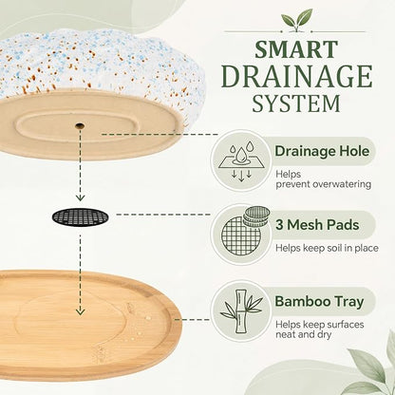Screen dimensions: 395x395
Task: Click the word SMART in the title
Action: point(296,49)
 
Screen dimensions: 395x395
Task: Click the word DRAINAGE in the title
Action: point(296,77)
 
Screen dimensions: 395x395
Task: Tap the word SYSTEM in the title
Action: point(296,103)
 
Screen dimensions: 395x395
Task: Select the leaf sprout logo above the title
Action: point(296,20)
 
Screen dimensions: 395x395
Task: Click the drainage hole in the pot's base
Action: point(80,125)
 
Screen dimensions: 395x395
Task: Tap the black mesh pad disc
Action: point(80,217)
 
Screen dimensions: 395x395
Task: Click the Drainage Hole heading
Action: point(322,151)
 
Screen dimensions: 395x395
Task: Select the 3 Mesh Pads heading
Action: point(317,225)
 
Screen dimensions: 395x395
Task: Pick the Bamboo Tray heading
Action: point(319,301)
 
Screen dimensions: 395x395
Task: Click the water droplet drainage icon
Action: point(241,161)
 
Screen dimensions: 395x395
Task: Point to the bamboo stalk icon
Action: point(242,311)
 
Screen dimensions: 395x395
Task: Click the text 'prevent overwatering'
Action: point(323,184)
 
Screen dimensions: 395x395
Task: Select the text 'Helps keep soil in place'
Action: point(327,248)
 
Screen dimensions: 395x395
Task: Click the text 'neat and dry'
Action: point(303,334)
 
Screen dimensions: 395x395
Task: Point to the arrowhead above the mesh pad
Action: point(81,197)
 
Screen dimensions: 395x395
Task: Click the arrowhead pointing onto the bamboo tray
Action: point(81,311)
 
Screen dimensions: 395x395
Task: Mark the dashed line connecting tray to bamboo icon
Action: point(193,319)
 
